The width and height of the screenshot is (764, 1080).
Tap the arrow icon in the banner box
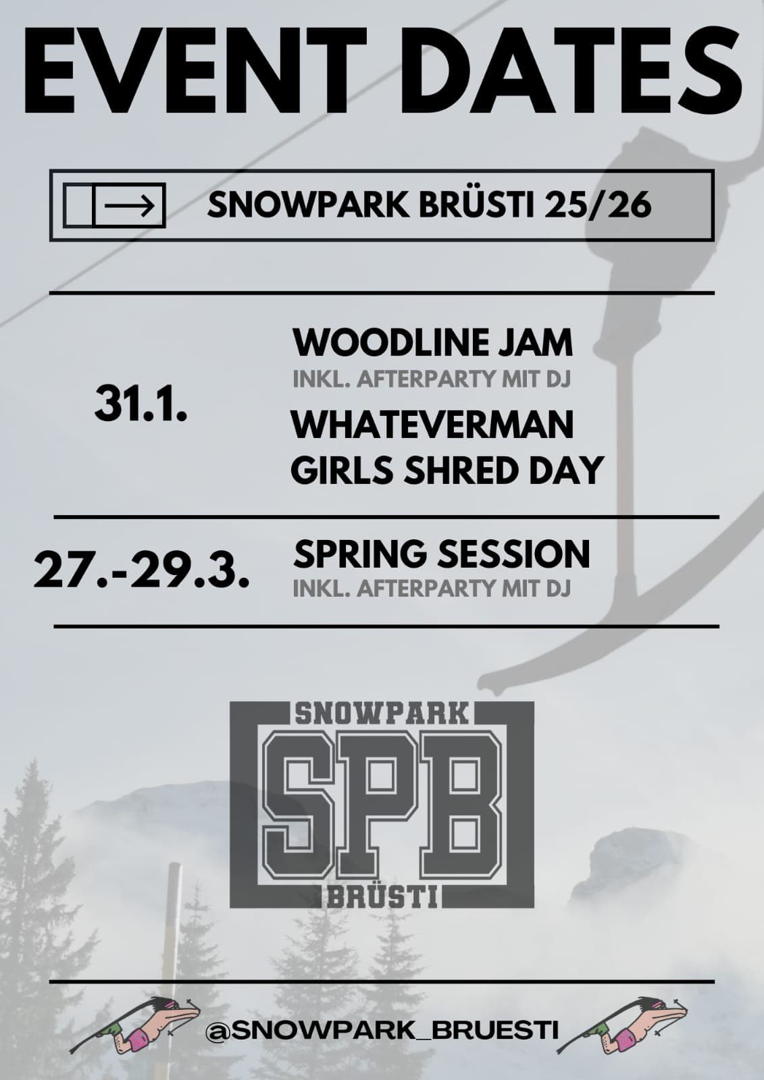(129, 205)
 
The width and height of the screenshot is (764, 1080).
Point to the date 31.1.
(141, 405)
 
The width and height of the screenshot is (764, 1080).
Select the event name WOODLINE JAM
(432, 342)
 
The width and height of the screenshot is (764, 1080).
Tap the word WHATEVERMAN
(432, 425)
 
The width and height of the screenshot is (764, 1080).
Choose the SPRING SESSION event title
(442, 553)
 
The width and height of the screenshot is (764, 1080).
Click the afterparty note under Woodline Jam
(432, 379)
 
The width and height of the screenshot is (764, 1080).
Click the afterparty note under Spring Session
(432, 589)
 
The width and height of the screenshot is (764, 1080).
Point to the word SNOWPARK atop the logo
(382, 714)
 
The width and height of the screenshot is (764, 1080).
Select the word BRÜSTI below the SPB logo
(382, 897)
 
